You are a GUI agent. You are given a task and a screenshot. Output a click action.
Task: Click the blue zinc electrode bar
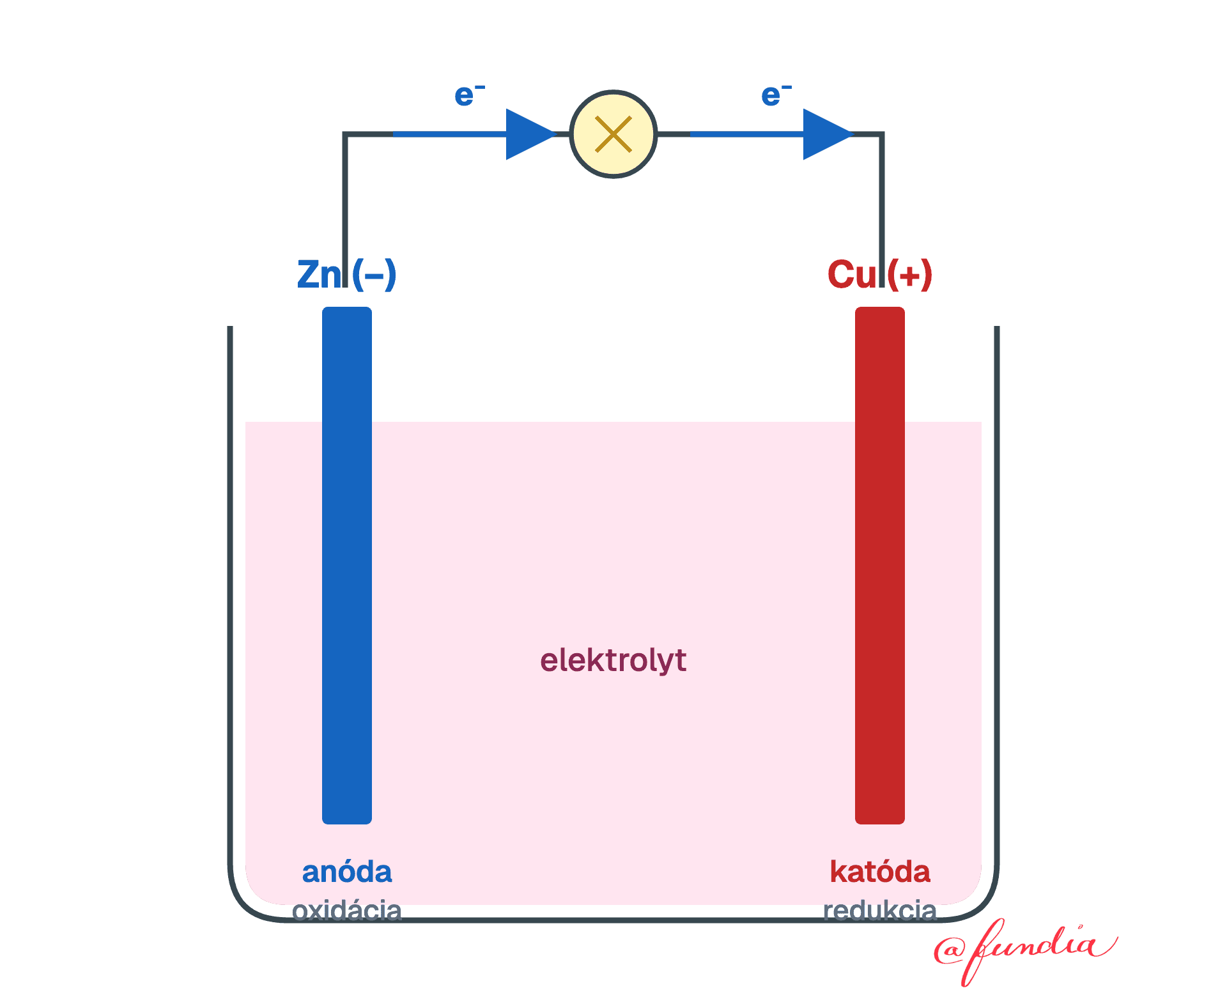pos(347,566)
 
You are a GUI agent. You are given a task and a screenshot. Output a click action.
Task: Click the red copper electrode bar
pos(880,566)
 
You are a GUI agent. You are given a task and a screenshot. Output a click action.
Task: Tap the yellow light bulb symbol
pos(613,134)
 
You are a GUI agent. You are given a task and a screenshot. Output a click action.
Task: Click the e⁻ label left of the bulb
pos(470,95)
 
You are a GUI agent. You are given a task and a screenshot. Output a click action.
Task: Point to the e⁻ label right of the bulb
pos(776,95)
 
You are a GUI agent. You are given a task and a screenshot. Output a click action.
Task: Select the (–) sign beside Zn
pos(374,275)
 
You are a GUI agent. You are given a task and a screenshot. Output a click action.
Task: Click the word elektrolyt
pos(613,660)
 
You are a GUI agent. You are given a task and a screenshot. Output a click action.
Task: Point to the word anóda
pos(347,872)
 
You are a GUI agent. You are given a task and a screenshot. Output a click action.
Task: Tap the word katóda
pos(880,872)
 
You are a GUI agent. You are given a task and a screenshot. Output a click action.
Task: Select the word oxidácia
pos(347,910)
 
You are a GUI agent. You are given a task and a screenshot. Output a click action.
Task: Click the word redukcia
pos(880,910)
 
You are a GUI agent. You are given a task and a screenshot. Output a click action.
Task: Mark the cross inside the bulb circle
pos(613,134)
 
